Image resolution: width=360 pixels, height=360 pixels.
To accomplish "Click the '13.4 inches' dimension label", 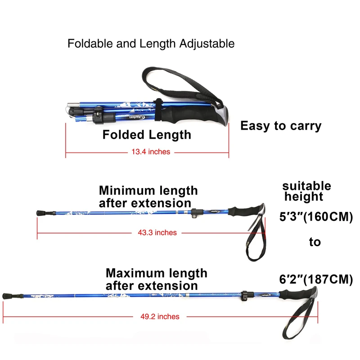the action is (x=151, y=152).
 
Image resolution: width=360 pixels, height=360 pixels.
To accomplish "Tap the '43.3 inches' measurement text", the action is (x=157, y=233).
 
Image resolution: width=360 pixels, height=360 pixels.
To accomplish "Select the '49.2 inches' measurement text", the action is (x=160, y=316).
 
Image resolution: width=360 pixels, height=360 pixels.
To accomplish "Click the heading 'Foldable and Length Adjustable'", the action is (x=151, y=44).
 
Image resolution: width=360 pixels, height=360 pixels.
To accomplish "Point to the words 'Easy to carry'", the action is (x=281, y=126).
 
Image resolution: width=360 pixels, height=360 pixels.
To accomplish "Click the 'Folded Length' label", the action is (x=147, y=135).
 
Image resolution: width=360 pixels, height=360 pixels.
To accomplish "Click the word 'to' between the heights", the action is (x=315, y=242).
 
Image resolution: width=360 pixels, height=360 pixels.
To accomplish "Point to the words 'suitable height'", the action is (x=306, y=191).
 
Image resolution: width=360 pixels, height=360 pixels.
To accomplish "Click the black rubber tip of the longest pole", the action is (x=7, y=296).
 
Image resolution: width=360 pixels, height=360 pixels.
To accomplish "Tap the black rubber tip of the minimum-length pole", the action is (x=40, y=212).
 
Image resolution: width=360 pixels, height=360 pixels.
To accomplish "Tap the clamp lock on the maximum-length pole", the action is (x=245, y=296).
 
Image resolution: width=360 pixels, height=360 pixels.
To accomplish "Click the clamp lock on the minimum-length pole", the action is (x=195, y=213).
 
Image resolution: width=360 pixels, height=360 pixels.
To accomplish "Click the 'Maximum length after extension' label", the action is (x=156, y=279).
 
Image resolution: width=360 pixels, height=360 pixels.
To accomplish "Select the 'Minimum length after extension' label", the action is (x=148, y=197).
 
